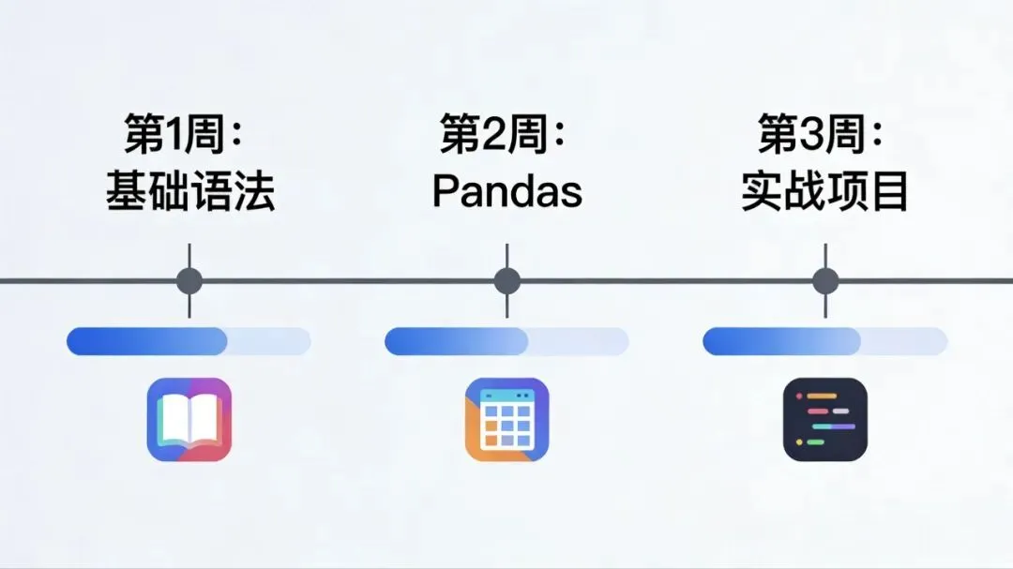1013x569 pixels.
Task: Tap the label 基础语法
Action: [189, 190]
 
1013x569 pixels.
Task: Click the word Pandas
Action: [506, 191]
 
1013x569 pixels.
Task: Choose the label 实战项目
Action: [825, 190]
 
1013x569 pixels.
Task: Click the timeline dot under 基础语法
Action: [189, 280]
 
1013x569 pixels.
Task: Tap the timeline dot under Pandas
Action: [507, 280]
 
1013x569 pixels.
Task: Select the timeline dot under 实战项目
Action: [825, 280]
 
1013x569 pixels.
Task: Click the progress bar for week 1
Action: [189, 341]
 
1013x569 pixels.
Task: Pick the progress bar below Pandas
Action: [506, 341]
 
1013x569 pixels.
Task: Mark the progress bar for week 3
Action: [824, 341]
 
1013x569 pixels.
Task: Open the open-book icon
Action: [189, 419]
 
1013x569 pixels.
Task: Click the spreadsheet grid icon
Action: [507, 419]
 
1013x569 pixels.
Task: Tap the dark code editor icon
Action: [825, 419]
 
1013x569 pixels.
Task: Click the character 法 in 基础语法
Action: [253, 190]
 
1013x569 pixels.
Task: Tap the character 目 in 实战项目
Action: [889, 190]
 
